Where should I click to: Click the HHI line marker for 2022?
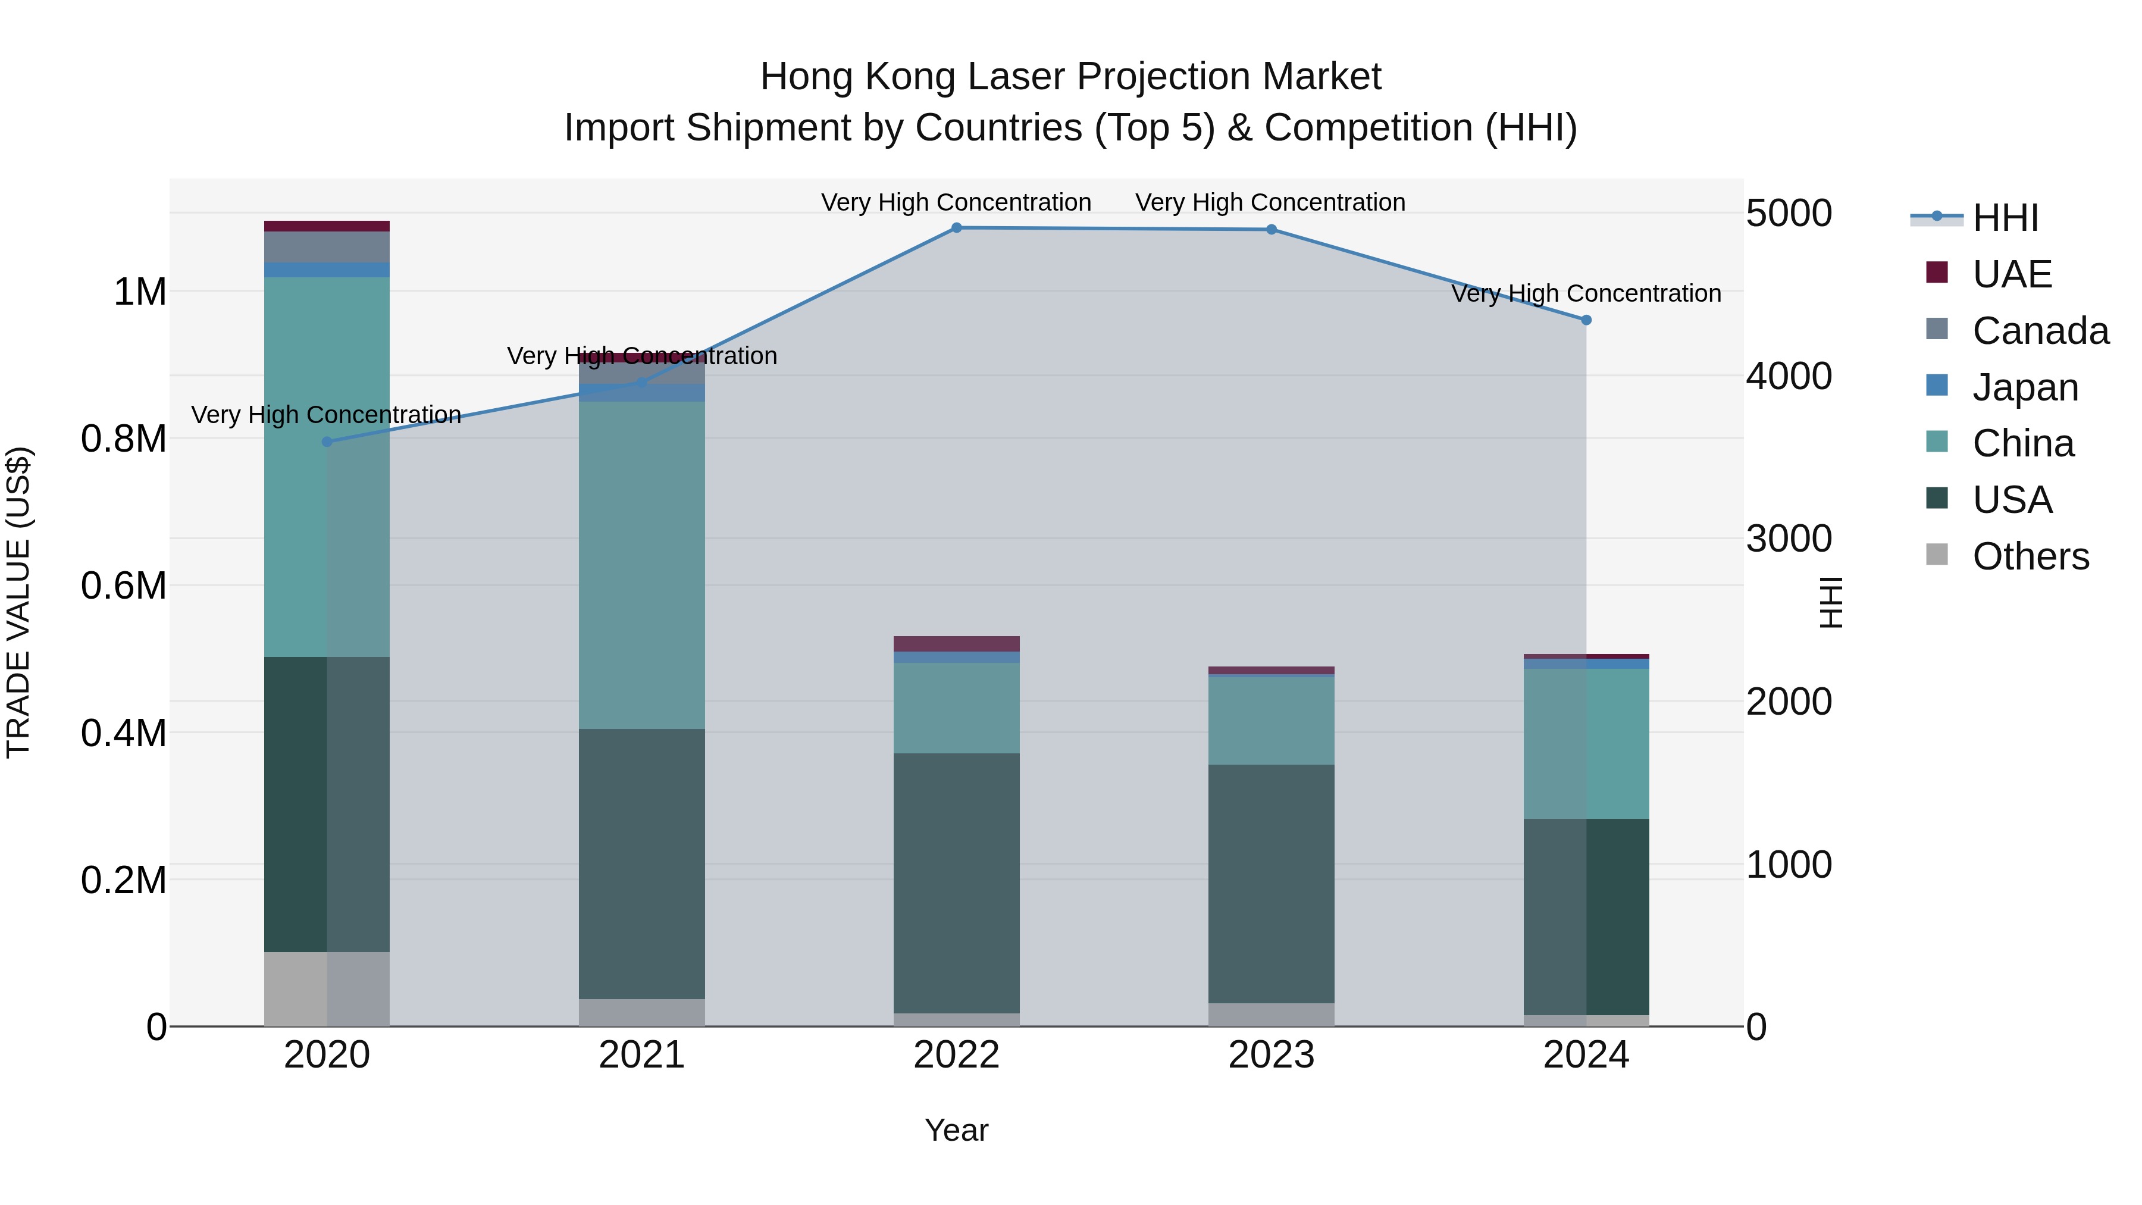point(956,228)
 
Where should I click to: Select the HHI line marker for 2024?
point(1586,320)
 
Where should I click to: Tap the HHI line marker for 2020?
point(327,442)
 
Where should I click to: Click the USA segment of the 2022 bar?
point(956,883)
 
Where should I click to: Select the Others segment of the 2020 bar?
point(327,989)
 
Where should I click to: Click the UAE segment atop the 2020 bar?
point(327,226)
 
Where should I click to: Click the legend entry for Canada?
point(2040,331)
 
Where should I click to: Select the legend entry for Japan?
point(2025,387)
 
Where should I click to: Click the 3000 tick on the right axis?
point(1789,539)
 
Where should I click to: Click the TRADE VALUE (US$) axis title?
point(19,602)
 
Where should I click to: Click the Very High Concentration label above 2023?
point(1270,203)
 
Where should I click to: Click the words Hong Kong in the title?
point(858,77)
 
